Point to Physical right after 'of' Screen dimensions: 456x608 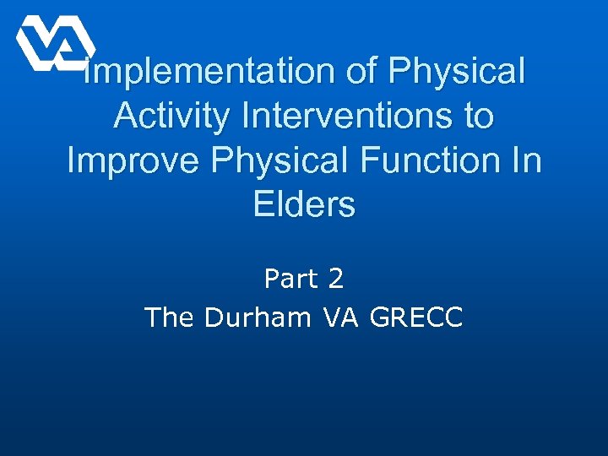[x=457, y=72]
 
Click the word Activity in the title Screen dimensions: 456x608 [x=170, y=116]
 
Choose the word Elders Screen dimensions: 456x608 [x=304, y=204]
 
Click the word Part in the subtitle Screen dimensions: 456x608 [x=288, y=278]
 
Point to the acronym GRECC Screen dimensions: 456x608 [x=417, y=318]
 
